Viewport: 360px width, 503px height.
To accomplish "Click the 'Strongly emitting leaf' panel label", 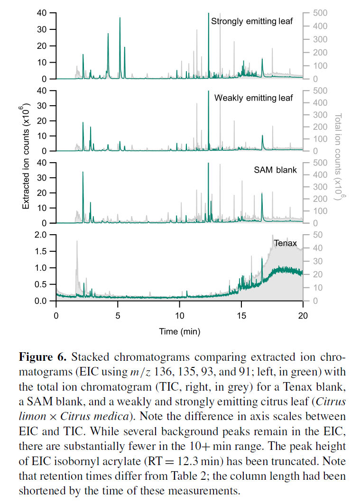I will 252,21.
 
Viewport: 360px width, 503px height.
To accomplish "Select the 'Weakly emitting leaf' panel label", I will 253,98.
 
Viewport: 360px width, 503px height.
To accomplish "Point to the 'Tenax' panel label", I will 285,244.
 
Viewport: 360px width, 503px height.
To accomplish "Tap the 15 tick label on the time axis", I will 241,316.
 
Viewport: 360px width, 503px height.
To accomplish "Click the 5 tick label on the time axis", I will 118,316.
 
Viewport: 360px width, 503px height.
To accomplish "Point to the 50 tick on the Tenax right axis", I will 316,235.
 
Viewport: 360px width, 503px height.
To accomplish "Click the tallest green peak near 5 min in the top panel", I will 120,19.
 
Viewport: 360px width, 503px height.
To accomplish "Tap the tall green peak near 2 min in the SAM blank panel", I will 83,173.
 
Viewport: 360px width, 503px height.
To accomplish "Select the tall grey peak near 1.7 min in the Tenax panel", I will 76,242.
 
